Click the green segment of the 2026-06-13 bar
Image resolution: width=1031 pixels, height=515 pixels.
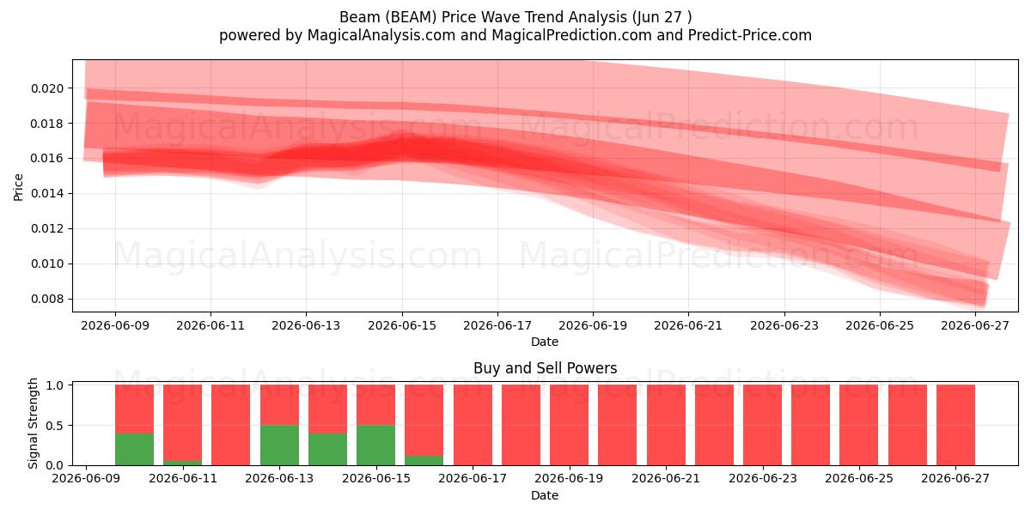click(x=279, y=445)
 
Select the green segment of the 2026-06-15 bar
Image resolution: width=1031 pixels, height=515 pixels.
click(x=375, y=445)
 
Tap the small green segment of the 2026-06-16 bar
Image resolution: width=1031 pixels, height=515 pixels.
click(x=424, y=460)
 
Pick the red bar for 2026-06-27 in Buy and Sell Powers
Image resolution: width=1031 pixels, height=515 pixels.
click(x=955, y=425)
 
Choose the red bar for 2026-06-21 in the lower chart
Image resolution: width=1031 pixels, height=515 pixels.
click(x=666, y=425)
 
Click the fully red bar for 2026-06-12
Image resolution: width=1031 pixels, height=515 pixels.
click(x=230, y=425)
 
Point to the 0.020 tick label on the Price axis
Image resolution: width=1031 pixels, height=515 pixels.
click(x=47, y=88)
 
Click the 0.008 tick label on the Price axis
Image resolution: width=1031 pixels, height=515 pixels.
click(x=47, y=299)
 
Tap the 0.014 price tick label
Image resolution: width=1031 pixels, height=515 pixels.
click(x=47, y=194)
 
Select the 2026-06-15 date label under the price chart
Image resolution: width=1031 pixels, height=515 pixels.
click(x=402, y=325)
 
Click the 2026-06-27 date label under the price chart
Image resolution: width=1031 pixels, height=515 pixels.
click(x=975, y=325)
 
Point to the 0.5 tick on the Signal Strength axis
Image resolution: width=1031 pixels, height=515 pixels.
click(x=55, y=426)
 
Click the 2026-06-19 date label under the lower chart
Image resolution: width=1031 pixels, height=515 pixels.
click(x=569, y=478)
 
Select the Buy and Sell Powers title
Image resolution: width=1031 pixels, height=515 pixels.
click(x=545, y=368)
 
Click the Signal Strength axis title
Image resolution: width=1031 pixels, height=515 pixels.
click(x=33, y=423)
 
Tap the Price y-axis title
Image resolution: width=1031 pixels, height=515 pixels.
click(x=18, y=187)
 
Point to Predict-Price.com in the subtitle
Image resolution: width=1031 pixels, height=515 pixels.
click(x=750, y=35)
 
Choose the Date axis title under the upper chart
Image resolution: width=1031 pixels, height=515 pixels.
click(x=545, y=342)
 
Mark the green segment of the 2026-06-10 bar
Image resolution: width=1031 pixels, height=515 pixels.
click(x=134, y=449)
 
